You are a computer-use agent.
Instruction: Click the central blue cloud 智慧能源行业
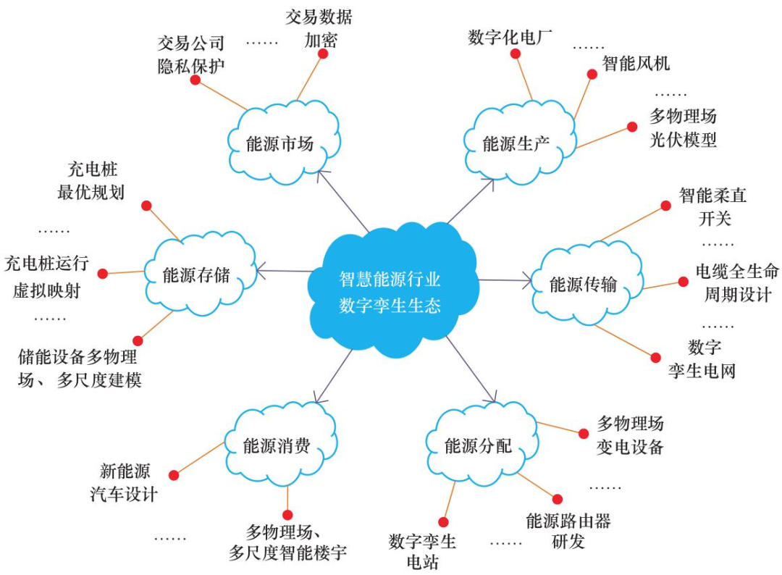(x=391, y=290)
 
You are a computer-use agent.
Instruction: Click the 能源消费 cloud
(x=278, y=444)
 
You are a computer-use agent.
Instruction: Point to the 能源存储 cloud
(x=198, y=275)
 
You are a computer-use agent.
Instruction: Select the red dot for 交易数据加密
(x=323, y=54)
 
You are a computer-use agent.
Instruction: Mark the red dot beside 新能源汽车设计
(x=174, y=475)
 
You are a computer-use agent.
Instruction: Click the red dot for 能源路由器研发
(x=558, y=499)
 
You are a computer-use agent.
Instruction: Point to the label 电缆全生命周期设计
(x=737, y=283)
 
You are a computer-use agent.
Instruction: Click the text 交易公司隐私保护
(x=191, y=54)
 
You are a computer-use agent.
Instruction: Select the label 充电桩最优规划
(x=91, y=181)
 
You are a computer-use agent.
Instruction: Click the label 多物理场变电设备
(x=630, y=435)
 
